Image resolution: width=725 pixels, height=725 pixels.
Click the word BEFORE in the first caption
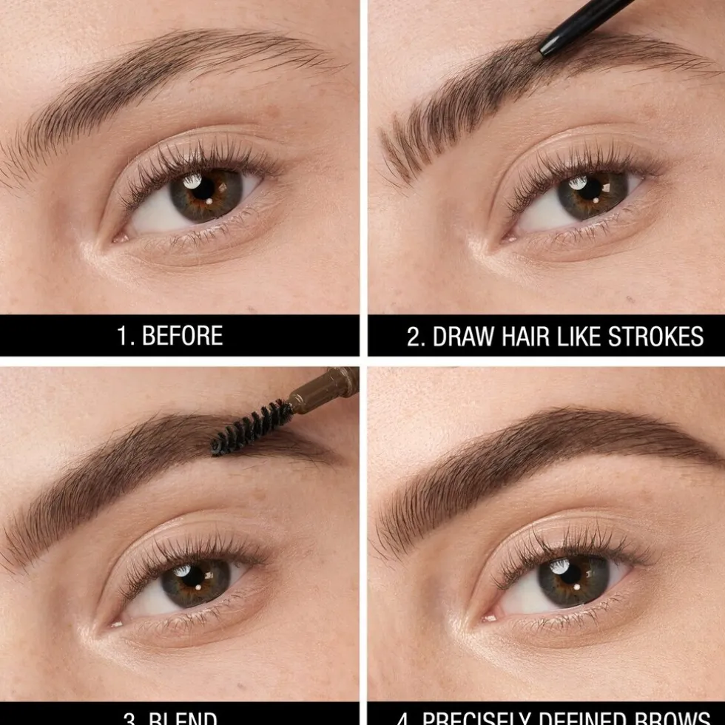click(x=181, y=336)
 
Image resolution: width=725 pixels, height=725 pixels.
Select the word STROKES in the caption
click(x=655, y=337)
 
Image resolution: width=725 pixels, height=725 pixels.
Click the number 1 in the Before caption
click(x=123, y=336)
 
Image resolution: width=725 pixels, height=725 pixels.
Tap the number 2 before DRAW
click(x=414, y=337)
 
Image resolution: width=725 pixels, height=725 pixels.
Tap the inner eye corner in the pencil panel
click(x=508, y=238)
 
